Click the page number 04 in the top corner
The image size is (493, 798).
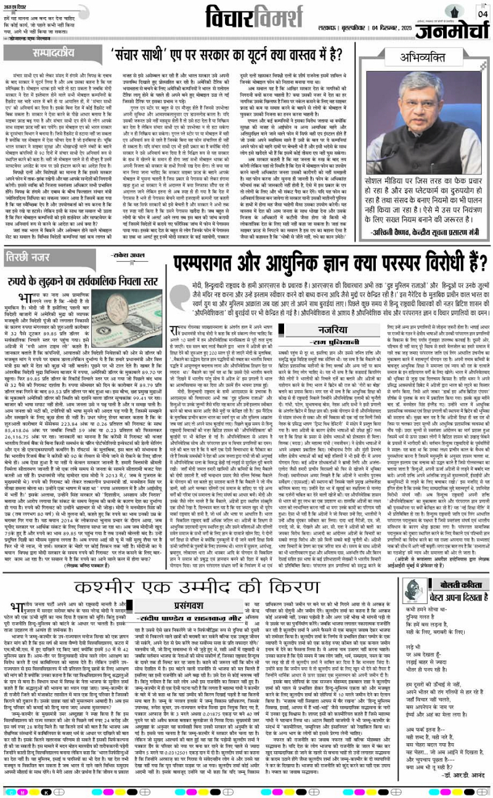click(x=481, y=12)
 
